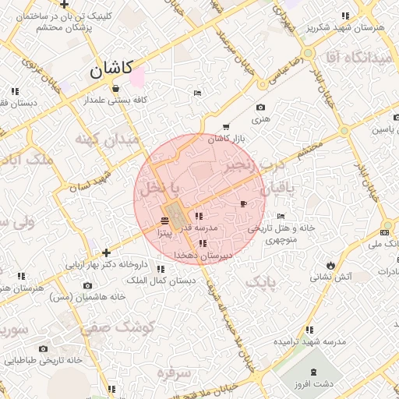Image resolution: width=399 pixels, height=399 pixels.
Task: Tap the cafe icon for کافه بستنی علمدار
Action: pos(115,88)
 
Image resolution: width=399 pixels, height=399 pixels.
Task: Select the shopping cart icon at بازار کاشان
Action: pos(226,126)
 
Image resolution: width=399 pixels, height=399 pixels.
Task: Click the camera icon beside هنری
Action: pos(260,108)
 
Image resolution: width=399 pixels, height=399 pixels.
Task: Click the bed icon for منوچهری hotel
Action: pos(281,216)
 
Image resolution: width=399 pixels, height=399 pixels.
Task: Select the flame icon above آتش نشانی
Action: pos(331,263)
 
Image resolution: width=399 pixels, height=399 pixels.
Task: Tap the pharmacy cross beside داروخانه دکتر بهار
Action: pos(106,252)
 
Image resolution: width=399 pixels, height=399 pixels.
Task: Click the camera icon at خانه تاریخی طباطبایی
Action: pos(43,348)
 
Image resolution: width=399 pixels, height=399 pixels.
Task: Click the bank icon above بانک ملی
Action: pos(385,232)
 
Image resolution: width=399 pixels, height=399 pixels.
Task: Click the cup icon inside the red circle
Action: pos(244,204)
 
